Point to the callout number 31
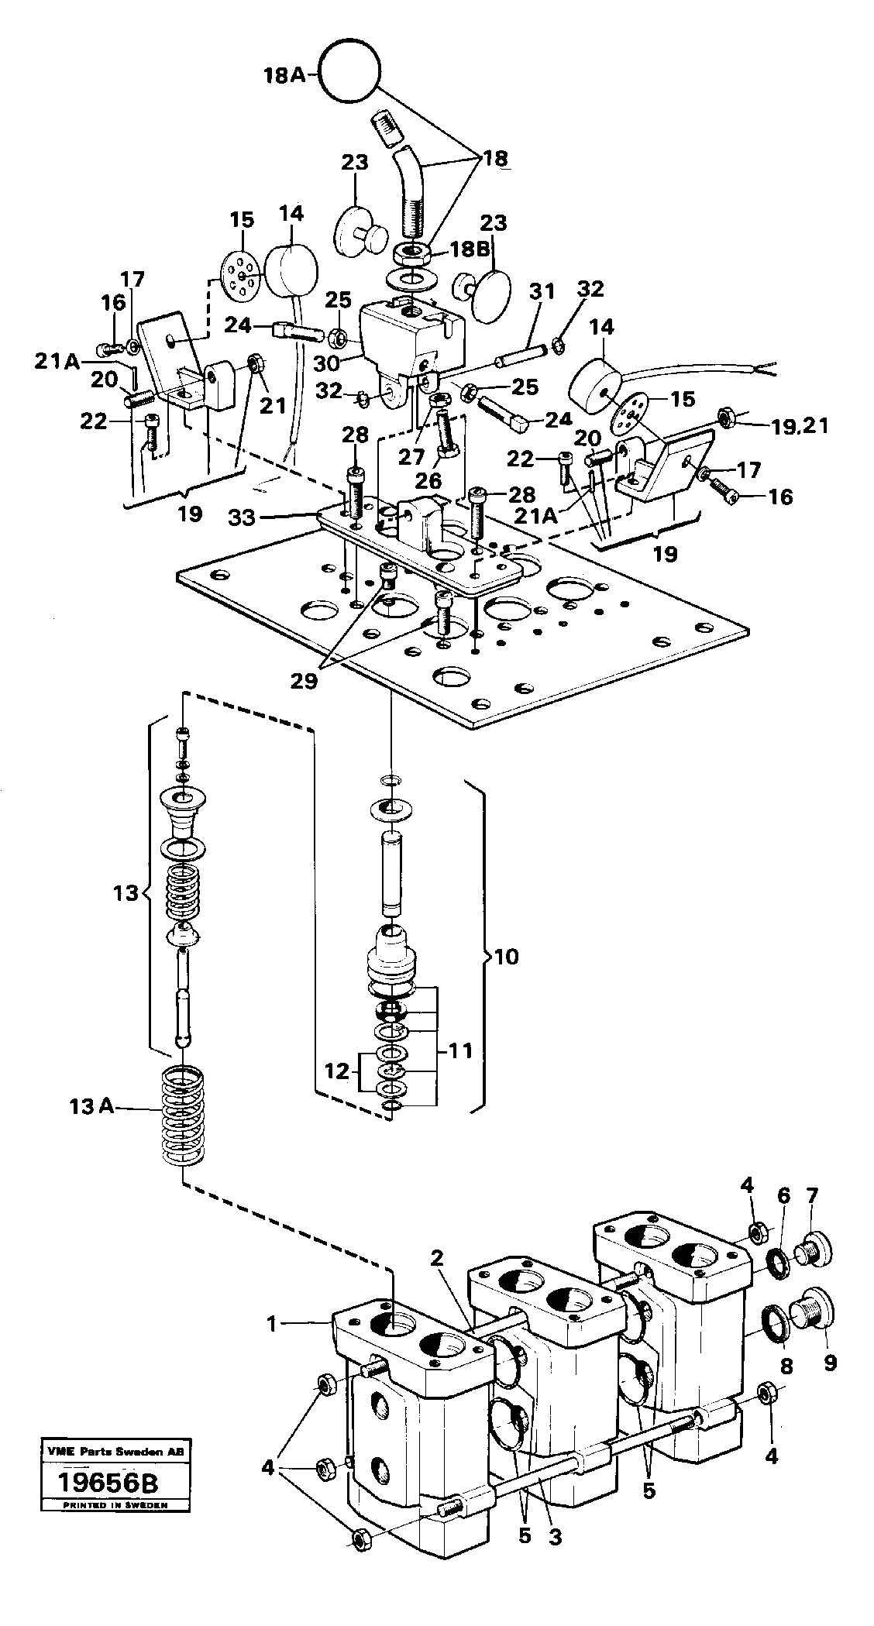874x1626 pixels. tap(543, 293)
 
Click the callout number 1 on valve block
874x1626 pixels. tap(272, 1325)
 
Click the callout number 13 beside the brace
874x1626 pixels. tap(125, 892)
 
